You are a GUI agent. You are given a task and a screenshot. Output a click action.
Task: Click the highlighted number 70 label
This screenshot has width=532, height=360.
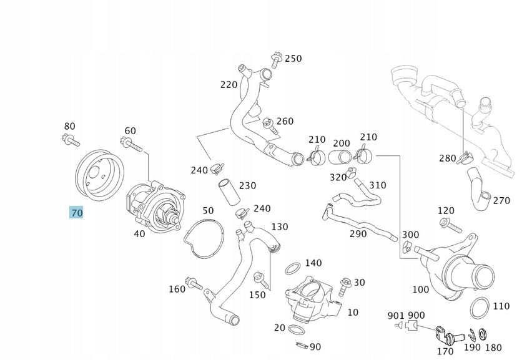coord(76,213)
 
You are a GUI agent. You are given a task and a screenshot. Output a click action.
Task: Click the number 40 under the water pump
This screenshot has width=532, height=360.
coord(139,233)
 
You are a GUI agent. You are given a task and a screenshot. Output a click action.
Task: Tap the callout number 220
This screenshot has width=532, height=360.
coord(229,84)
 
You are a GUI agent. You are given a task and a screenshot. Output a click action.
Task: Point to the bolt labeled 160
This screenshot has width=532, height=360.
coord(195,284)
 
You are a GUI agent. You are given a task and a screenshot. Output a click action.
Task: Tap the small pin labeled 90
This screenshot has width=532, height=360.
coord(300,346)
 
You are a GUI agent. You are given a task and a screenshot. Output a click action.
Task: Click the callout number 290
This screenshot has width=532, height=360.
coord(358,233)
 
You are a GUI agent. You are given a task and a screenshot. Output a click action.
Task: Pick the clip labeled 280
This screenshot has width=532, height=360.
coord(464,158)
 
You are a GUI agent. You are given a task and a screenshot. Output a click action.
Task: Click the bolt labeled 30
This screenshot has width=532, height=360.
coord(344,288)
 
